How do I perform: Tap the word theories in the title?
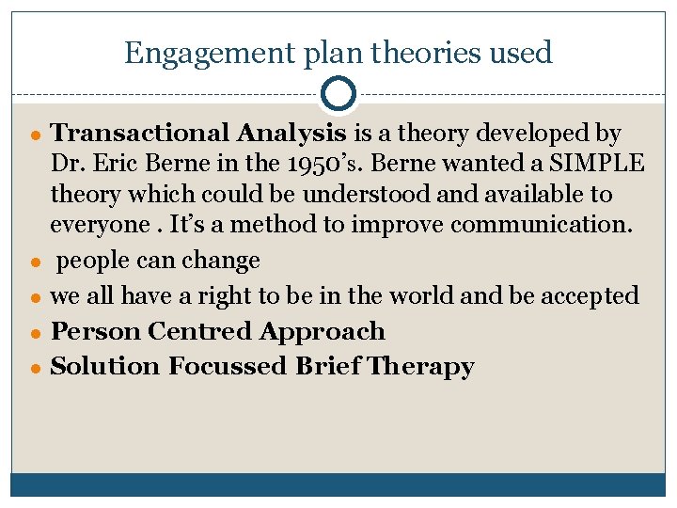414,54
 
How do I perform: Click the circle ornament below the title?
338,94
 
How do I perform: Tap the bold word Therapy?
421,366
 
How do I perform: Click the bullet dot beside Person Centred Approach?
35,332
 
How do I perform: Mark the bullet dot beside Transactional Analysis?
35,135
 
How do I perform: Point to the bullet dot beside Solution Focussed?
35,367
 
